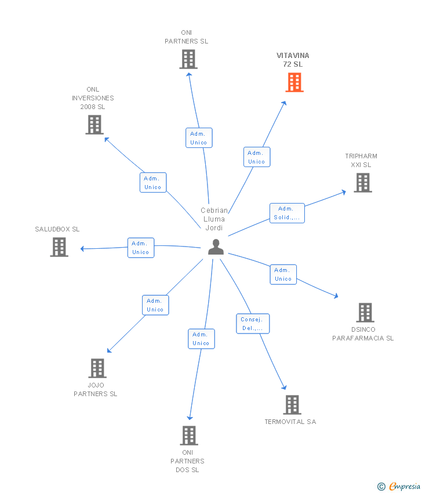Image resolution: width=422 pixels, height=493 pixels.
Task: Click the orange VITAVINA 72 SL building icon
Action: tap(294, 82)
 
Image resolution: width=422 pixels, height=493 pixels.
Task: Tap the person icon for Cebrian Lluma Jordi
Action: tap(216, 247)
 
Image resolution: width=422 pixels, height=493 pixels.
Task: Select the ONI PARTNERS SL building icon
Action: tap(188, 59)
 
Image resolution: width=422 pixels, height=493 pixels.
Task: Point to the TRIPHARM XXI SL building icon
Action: tap(363, 183)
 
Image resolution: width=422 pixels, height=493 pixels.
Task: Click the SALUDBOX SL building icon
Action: tap(59, 247)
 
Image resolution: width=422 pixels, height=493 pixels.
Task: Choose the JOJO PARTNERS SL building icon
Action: tap(97, 368)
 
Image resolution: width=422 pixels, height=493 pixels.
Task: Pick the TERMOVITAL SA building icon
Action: tap(292, 405)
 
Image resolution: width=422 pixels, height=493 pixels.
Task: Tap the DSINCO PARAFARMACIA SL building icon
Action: tap(365, 313)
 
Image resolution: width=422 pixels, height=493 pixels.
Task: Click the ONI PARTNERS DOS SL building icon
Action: tap(189, 436)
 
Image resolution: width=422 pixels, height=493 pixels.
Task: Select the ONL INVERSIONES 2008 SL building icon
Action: tap(94, 125)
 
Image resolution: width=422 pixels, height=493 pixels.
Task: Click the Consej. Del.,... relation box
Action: tap(252, 324)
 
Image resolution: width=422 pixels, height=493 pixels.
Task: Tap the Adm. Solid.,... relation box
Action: tap(287, 213)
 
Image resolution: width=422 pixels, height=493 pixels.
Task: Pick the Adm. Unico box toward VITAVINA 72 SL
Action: tap(256, 157)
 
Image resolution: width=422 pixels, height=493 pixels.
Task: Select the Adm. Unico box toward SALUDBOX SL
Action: tap(140, 248)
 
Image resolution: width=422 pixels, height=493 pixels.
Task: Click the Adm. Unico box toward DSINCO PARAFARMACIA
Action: tap(283, 274)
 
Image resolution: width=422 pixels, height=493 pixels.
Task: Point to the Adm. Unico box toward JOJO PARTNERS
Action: tap(155, 305)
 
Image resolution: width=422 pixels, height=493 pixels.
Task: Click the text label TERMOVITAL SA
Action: tap(290, 422)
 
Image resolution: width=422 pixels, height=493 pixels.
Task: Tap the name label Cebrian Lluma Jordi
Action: tap(214, 219)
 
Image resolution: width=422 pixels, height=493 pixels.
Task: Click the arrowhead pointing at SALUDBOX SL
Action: tap(83, 249)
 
